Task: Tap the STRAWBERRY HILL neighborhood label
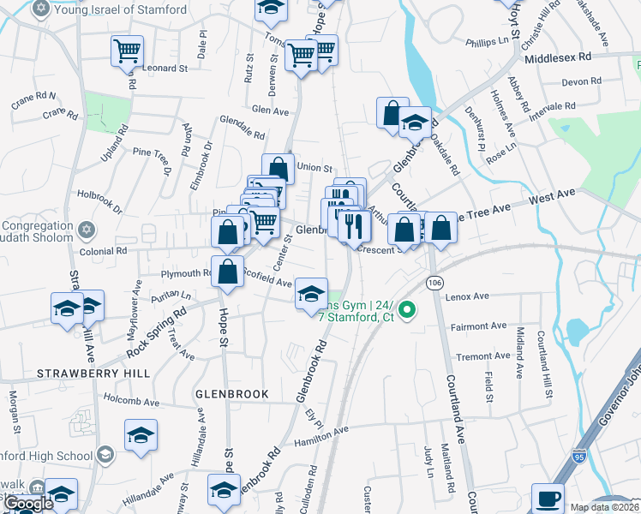[93, 374]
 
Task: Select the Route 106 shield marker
[434, 282]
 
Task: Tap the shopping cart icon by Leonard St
[127, 51]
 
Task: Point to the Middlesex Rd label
[558, 57]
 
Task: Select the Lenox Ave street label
[467, 296]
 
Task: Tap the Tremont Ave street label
[483, 356]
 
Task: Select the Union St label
[314, 168]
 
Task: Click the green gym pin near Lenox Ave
[408, 310]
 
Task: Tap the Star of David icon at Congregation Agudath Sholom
[85, 230]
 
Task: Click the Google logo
[29, 504]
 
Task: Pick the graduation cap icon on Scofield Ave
[311, 295]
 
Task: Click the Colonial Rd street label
[103, 251]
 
